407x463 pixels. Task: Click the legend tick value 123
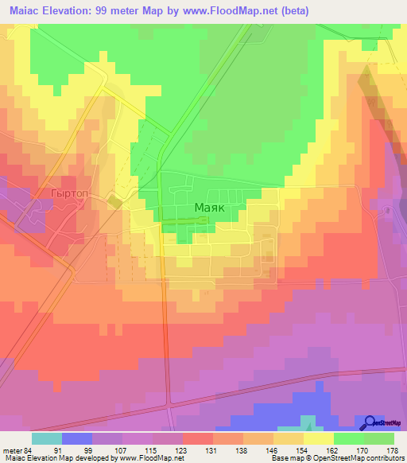tap(182, 449)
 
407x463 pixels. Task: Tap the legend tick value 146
tap(273, 449)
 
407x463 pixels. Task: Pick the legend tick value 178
tap(393, 449)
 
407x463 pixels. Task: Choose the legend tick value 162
tap(332, 449)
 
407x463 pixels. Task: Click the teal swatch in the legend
tap(47, 438)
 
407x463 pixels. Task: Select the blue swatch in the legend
tap(77, 438)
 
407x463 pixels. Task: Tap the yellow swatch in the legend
tap(318, 438)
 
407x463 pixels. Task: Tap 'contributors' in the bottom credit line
tap(385, 458)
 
